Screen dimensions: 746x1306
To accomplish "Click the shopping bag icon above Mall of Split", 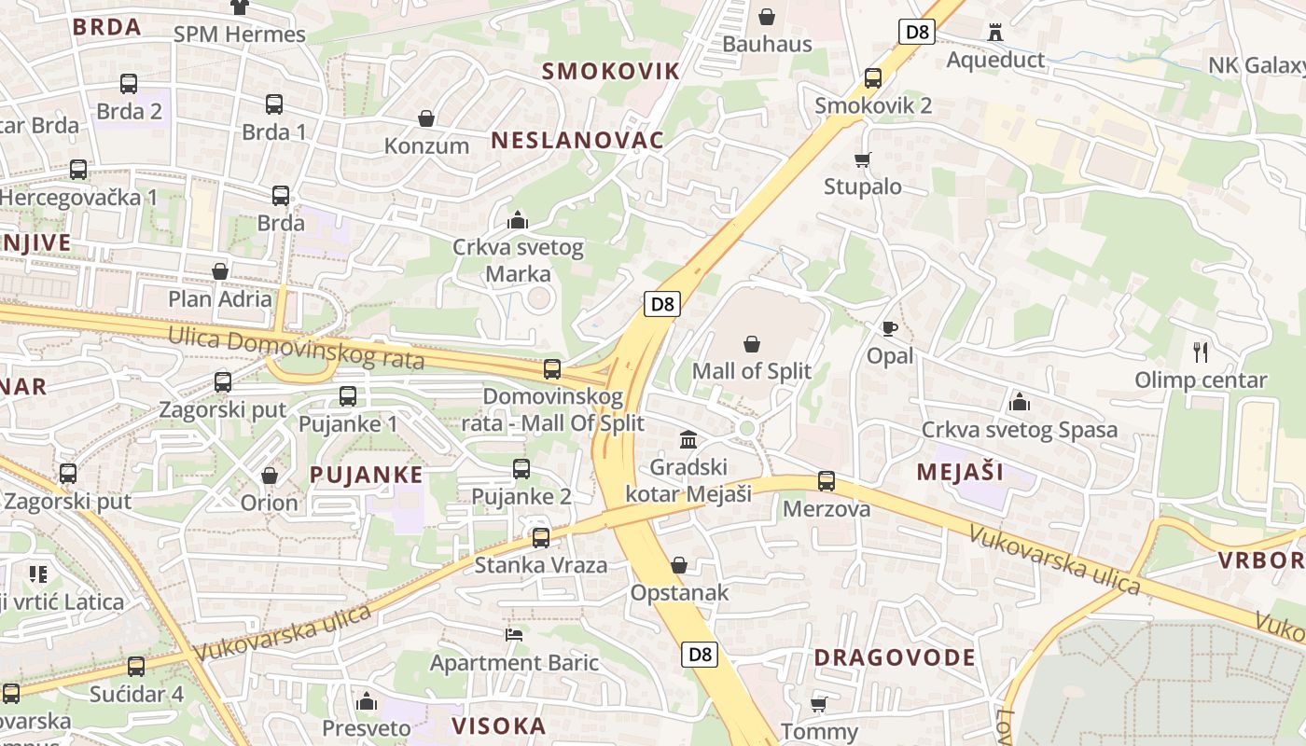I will [x=752, y=344].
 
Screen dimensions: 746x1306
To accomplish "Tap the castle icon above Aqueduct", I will [x=995, y=33].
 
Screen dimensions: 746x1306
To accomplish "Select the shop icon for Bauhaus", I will [x=767, y=16].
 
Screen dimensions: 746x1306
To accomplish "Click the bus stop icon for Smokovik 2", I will [x=873, y=78].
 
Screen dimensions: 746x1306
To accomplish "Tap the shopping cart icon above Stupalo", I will [x=863, y=159].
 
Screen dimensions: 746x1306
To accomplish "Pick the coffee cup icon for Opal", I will [x=889, y=328].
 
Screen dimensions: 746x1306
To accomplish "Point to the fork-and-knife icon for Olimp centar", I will [x=1201, y=352].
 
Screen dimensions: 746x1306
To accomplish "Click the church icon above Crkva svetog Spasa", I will [x=1020, y=402].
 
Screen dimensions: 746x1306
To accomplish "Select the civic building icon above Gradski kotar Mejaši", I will [x=688, y=439].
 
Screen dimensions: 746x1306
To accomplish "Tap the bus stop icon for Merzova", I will [x=827, y=481].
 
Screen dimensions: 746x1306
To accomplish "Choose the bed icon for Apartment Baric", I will [x=514, y=635].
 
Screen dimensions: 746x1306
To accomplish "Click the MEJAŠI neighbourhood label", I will [x=960, y=472].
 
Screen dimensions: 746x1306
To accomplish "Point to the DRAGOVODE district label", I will [x=895, y=657].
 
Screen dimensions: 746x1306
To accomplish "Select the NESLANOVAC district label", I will [x=577, y=141].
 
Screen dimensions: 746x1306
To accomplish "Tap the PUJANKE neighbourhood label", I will [x=367, y=475].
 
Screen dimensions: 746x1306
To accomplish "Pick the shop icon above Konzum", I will [x=426, y=118].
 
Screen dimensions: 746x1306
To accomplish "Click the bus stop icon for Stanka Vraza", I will [x=541, y=537].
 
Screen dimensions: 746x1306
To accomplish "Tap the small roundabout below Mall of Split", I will [x=746, y=428].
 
